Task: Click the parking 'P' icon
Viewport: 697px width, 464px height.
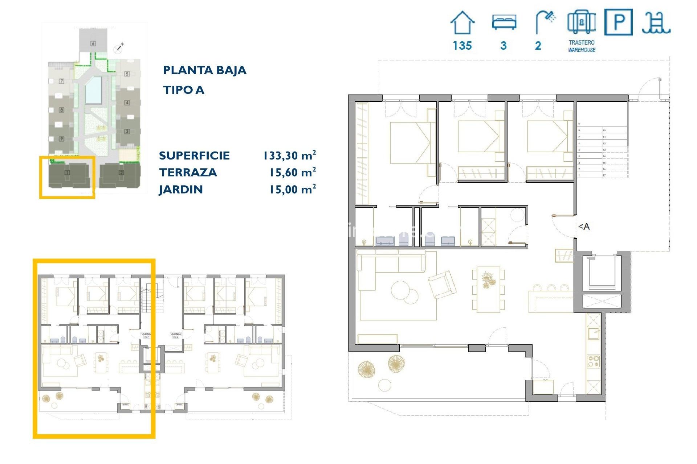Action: (618, 22)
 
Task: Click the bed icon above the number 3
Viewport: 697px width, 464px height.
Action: (504, 22)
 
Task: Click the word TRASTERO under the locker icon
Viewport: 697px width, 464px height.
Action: (582, 42)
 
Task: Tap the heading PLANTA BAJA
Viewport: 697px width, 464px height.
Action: (204, 70)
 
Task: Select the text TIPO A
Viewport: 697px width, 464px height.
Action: (183, 90)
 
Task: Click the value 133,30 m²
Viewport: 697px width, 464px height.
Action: (289, 156)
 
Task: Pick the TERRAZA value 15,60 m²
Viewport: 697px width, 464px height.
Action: (292, 173)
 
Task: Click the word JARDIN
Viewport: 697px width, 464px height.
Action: (181, 190)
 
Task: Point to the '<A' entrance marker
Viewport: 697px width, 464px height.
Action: (584, 227)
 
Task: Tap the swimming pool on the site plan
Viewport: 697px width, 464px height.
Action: (93, 90)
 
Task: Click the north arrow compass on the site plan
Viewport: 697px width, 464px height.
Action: (119, 47)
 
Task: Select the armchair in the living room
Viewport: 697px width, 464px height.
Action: (442, 285)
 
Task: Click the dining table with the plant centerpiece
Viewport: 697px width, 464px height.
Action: (488, 289)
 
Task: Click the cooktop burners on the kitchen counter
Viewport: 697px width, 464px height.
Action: (594, 361)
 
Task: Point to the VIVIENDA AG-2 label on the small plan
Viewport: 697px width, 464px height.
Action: (175, 335)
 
